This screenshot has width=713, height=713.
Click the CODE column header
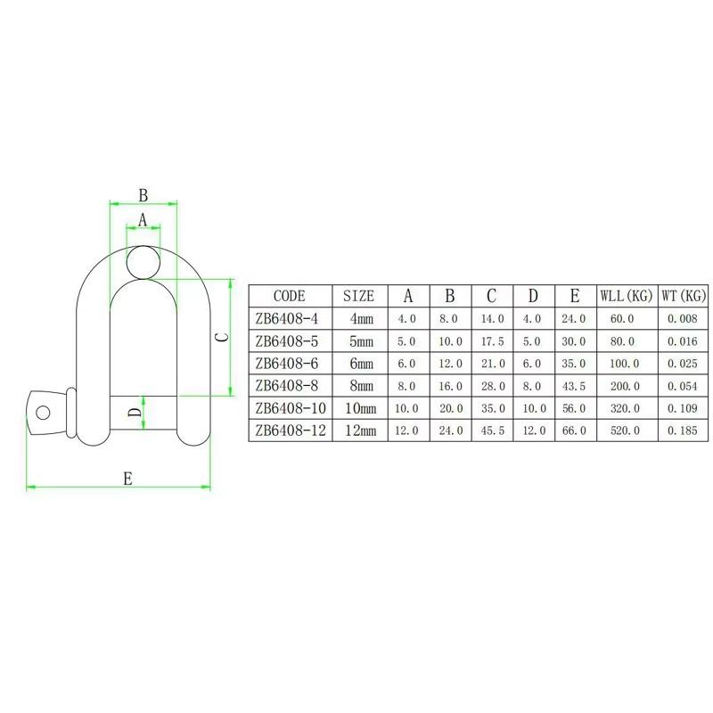289,296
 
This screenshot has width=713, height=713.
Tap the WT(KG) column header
684,296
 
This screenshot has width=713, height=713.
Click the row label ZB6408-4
289,318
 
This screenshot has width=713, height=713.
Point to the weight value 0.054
684,386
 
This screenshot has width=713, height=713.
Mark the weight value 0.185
684,430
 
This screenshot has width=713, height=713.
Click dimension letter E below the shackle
127,479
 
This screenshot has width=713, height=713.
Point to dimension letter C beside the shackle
223,337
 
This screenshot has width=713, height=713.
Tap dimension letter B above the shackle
143,194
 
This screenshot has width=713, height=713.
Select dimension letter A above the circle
143,219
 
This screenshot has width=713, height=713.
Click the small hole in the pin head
41,411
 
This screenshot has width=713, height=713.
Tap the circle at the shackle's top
143,261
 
